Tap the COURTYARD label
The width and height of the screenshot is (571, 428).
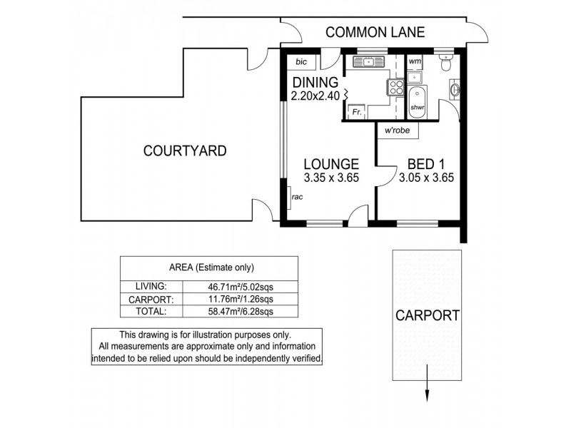185,151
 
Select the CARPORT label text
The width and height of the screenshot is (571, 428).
428,315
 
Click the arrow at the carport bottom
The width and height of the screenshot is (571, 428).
428,394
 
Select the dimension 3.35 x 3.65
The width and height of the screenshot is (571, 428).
331,178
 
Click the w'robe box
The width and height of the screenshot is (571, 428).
397,131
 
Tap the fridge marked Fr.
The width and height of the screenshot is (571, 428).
356,112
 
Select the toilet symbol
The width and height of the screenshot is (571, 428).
447,64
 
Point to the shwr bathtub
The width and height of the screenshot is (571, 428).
418,99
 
